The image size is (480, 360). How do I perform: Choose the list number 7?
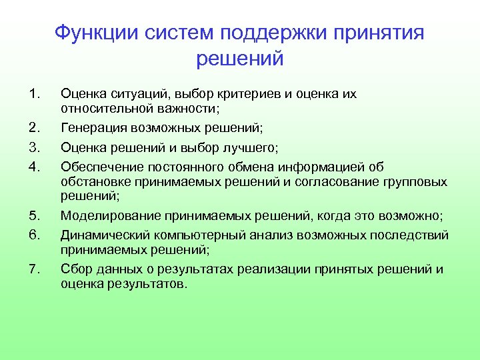tap(37, 269)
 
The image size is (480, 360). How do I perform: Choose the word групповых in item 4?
tap(413, 181)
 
